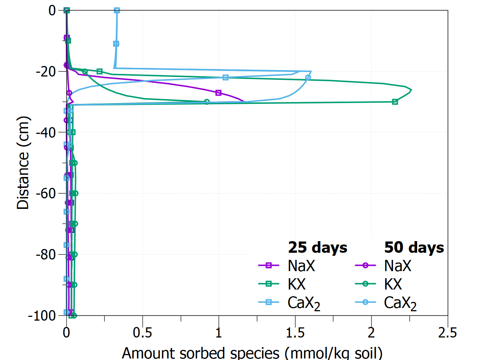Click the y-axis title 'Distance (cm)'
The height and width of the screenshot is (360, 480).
23,163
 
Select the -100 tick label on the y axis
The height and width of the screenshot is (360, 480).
42,315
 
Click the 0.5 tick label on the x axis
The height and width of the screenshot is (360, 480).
142,333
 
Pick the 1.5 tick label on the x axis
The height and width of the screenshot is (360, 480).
295,333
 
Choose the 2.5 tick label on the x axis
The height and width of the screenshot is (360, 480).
447,333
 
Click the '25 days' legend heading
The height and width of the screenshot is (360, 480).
318,247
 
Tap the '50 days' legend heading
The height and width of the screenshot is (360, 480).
414,247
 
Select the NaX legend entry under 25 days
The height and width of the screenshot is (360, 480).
301,266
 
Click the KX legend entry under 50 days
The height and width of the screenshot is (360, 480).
393,284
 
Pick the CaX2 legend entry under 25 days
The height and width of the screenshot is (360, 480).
304,303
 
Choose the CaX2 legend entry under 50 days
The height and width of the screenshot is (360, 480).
400,303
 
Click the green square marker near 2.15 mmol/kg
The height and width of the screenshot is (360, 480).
395,102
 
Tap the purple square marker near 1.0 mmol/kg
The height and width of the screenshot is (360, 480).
219,93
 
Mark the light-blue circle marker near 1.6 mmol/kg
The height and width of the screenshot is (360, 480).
308,78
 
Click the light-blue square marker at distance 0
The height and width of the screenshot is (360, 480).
117,10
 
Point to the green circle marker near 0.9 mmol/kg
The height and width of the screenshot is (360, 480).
207,102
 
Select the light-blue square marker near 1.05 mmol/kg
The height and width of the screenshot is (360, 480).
225,78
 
